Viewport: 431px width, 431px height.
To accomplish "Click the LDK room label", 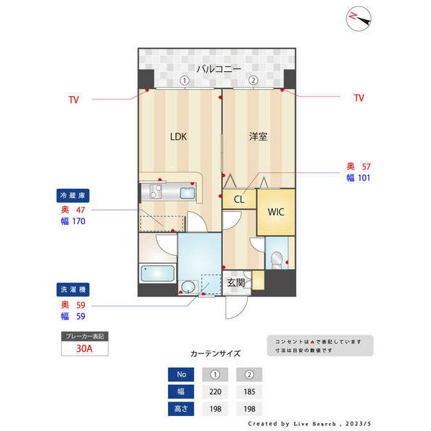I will [178, 136].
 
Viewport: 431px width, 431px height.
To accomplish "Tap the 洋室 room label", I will [259, 136].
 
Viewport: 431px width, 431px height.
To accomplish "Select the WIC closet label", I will [276, 213].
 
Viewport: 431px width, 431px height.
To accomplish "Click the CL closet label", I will [239, 200].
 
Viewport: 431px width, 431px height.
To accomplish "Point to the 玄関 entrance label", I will [236, 283].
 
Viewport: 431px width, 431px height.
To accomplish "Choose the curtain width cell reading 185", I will [249, 392].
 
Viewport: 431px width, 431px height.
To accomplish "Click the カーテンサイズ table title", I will [215, 353].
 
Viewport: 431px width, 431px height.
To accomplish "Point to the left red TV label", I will [74, 99].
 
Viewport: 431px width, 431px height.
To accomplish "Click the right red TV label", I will [359, 98].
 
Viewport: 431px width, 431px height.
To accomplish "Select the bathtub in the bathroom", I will [157, 274].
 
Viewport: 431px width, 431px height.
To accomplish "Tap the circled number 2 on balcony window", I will [253, 80].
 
